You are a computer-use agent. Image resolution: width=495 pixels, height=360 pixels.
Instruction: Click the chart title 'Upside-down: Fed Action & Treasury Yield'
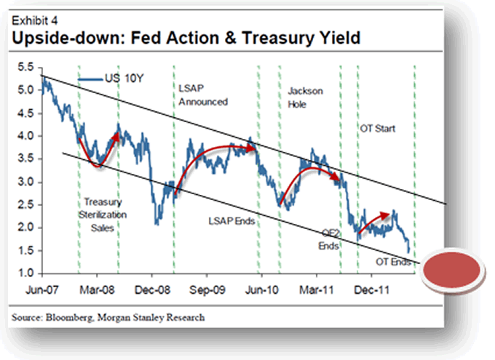tap(185, 36)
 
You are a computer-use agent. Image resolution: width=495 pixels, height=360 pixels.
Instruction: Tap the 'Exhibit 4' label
tap(31, 19)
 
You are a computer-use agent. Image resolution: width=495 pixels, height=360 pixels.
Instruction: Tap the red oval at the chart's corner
tap(454, 266)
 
